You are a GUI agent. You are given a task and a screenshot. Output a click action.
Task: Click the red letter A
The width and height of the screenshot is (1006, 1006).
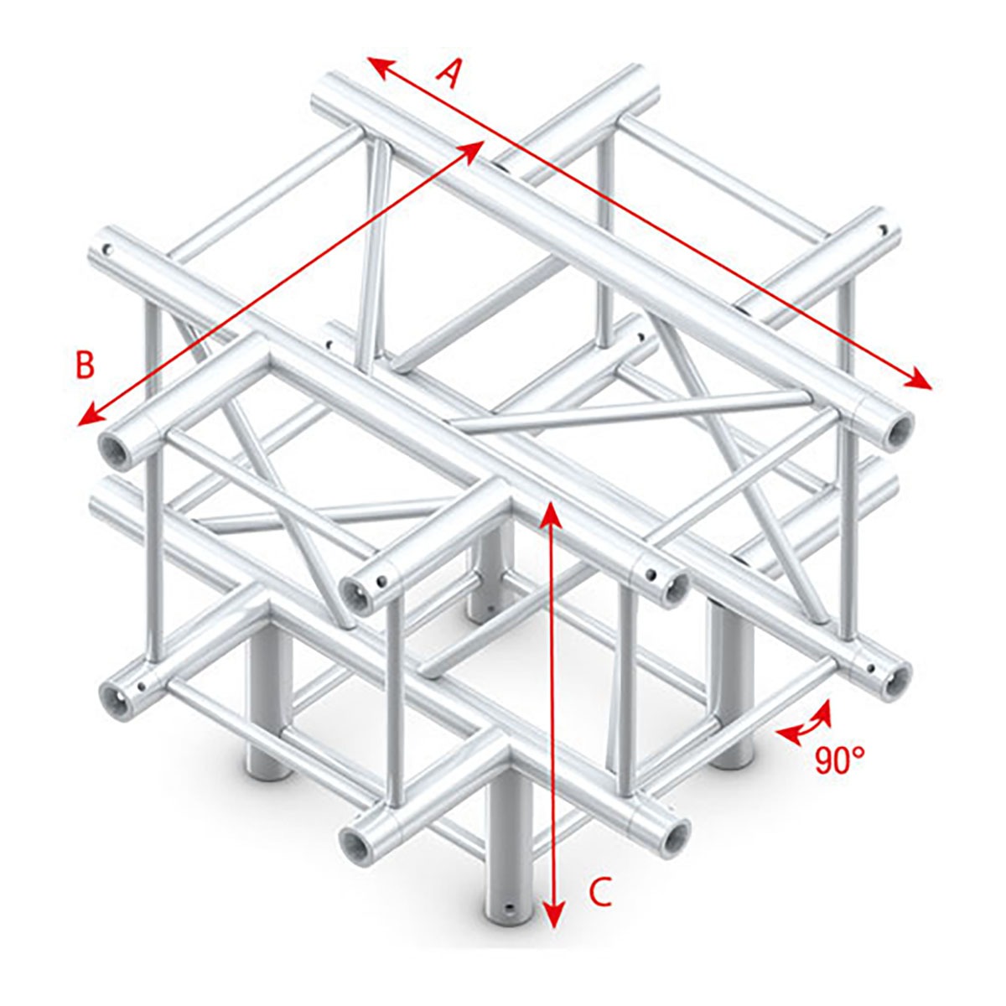[451, 75]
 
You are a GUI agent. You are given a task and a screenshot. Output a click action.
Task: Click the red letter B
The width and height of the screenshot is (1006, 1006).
[85, 366]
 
